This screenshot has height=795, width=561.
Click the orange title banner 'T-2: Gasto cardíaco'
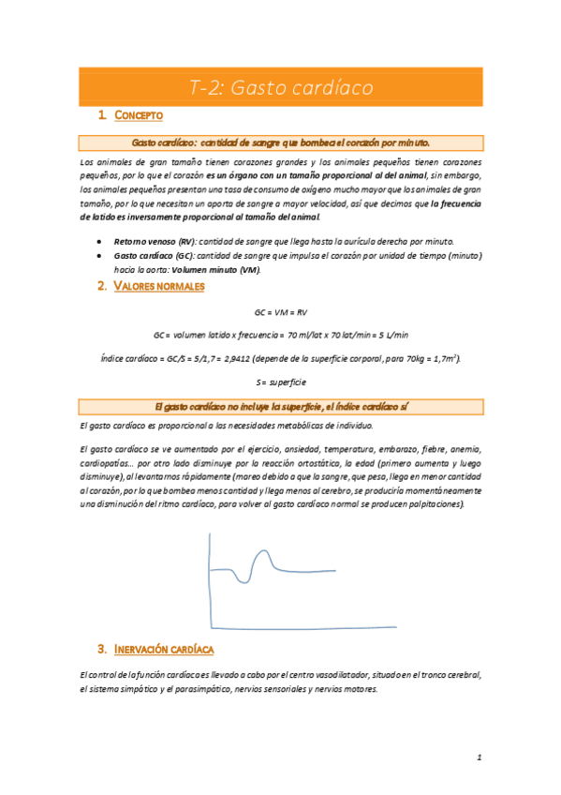[x=280, y=88]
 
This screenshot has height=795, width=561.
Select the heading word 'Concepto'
[x=140, y=115]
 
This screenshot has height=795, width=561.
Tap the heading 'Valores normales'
[x=158, y=287]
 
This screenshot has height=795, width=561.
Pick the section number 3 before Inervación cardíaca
[x=101, y=649]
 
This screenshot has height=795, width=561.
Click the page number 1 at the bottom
[x=478, y=757]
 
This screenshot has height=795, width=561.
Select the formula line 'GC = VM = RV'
[x=280, y=311]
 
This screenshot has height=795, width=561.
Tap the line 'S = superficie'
[x=280, y=382]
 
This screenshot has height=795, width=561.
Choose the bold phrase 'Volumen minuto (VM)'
[x=222, y=270]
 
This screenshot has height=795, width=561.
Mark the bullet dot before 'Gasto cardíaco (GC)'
[x=100, y=255]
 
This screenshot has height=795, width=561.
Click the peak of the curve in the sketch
[x=263, y=550]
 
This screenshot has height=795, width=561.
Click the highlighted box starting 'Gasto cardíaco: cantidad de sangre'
[x=280, y=143]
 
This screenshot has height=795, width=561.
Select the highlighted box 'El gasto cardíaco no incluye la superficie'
[x=280, y=406]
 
